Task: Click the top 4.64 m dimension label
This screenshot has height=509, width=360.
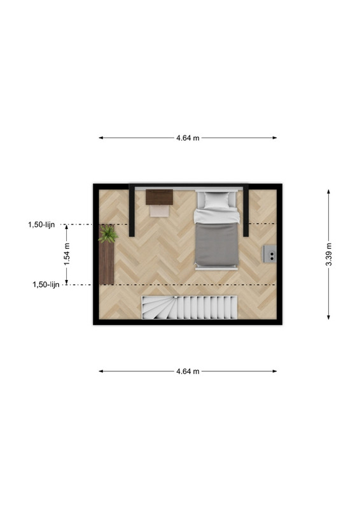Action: click(x=188, y=138)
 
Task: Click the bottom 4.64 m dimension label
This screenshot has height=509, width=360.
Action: click(x=188, y=372)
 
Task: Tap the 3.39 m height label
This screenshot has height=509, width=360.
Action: click(x=328, y=254)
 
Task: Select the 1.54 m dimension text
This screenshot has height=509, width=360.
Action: click(x=67, y=254)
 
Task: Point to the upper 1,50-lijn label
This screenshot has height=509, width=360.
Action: click(x=41, y=225)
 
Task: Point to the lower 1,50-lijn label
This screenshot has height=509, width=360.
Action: click(x=46, y=284)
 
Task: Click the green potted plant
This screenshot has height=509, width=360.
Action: click(x=107, y=234)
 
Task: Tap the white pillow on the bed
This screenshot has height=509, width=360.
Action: click(x=217, y=200)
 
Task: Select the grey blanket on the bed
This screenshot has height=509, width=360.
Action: click(x=216, y=244)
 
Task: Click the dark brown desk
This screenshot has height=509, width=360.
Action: click(x=159, y=197)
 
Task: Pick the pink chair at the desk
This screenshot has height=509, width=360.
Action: click(x=160, y=211)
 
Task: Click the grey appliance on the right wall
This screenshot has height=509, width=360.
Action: click(x=270, y=254)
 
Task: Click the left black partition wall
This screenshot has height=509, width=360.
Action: click(x=132, y=211)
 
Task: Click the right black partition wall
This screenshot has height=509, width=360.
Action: click(x=246, y=211)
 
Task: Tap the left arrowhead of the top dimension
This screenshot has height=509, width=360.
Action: click(x=101, y=138)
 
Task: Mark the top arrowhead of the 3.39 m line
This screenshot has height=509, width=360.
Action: click(x=328, y=192)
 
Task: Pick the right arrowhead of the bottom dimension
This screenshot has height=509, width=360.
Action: click(x=275, y=372)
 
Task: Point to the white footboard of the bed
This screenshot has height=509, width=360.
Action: click(x=216, y=268)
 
